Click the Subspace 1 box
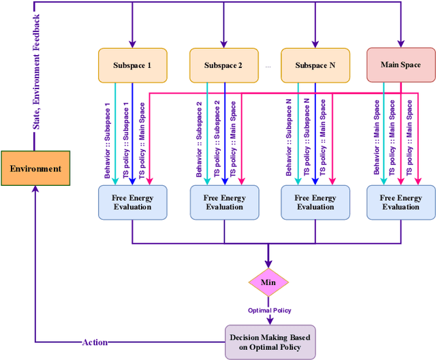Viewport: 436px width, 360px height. pyautogui.click(x=132, y=65)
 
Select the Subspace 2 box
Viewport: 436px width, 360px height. pyautogui.click(x=223, y=65)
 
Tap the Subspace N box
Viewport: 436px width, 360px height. pyautogui.click(x=315, y=65)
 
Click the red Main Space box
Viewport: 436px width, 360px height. pyautogui.click(x=400, y=65)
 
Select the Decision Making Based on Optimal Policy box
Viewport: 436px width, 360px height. pyautogui.click(x=271, y=342)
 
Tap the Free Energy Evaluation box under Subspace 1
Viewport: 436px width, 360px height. pyautogui.click(x=132, y=203)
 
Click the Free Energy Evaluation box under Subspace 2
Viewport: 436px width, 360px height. pyautogui.click(x=224, y=203)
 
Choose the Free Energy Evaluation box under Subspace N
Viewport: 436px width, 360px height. pyautogui.click(x=315, y=203)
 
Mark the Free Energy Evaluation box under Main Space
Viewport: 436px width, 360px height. pyautogui.click(x=401, y=203)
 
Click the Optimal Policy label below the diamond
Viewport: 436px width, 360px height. pyautogui.click(x=269, y=310)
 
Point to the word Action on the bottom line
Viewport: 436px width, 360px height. pyautogui.click(x=95, y=342)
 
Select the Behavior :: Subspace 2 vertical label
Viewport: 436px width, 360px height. pyautogui.click(x=199, y=140)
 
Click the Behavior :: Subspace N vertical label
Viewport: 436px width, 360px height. pyautogui.click(x=290, y=139)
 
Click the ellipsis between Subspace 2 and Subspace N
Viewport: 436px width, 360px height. pyautogui.click(x=268, y=67)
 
